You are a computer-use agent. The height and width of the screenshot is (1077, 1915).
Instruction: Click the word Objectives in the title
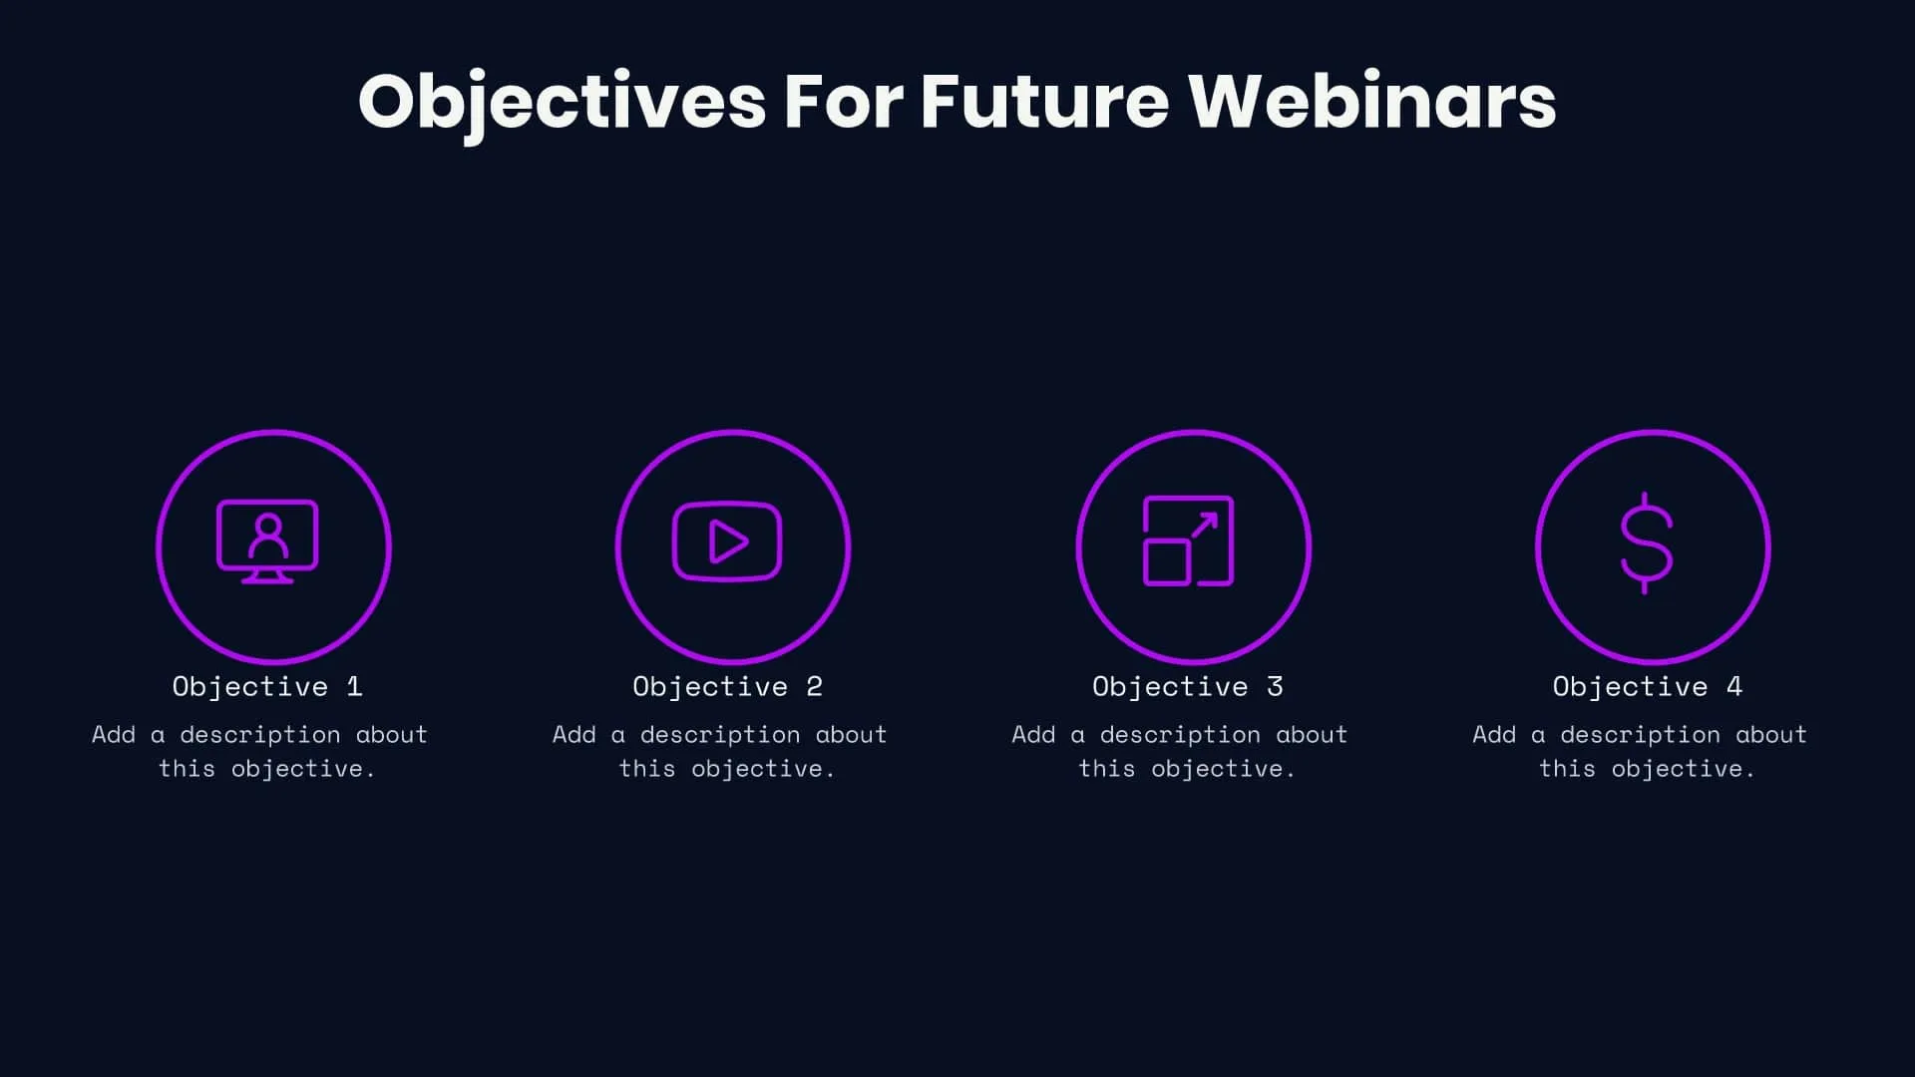[x=562, y=102]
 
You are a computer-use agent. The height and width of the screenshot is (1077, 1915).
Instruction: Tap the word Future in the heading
[x=1043, y=102]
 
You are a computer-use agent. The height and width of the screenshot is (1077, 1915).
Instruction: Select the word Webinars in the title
[x=1371, y=102]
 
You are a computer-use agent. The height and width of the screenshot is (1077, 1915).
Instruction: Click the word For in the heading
[x=843, y=102]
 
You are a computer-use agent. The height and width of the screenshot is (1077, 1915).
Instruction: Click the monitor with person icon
[x=267, y=541]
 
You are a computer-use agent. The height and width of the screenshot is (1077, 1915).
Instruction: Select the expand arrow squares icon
[x=1187, y=540]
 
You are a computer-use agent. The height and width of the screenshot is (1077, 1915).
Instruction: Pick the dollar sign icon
[x=1645, y=542]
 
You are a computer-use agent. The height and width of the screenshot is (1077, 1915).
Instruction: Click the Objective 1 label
[x=267, y=686]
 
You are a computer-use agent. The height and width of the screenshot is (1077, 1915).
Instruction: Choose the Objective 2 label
[x=727, y=686]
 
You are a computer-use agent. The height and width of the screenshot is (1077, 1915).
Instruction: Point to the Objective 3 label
[x=1187, y=686]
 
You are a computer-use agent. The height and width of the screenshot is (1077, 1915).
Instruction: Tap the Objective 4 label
[x=1647, y=686]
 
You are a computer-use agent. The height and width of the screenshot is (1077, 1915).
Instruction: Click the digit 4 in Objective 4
[x=1734, y=686]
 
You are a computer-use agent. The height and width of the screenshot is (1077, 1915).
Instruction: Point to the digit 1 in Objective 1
[x=354, y=686]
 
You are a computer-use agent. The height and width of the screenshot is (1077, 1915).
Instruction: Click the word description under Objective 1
[x=260, y=735]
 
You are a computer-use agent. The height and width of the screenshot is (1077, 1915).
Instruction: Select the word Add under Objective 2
[x=574, y=735]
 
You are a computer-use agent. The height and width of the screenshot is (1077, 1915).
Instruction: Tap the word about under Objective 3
[x=1312, y=735]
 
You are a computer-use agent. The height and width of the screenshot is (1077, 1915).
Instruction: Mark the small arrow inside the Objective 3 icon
[x=1204, y=525]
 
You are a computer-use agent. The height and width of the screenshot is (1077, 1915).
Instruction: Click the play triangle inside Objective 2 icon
[x=727, y=542]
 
